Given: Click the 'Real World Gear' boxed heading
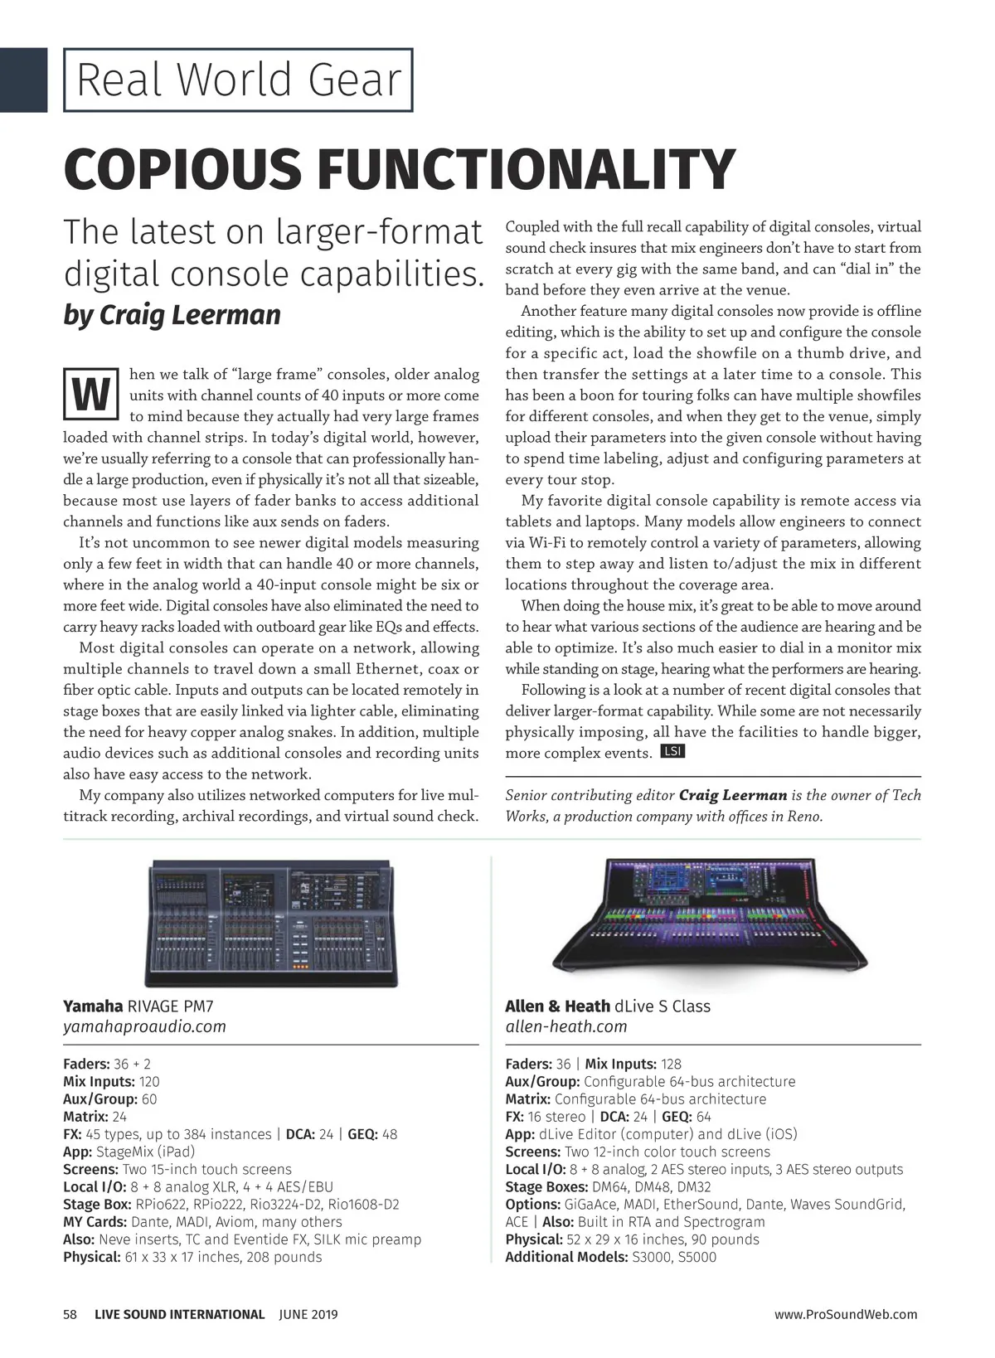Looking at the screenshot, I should point(238,80).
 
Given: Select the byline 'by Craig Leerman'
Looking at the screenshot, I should point(172,314).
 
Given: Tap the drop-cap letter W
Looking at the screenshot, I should point(88,396).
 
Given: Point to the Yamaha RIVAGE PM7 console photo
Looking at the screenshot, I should point(271,919).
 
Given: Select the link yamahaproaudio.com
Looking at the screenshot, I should point(144,1026).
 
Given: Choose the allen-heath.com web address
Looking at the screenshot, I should point(566,1026).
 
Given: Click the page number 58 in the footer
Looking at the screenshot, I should point(70,1314).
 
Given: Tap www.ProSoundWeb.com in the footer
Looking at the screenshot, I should point(846,1314).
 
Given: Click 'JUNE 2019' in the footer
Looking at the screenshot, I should point(308,1314).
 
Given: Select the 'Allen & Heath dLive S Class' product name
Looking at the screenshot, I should point(608,1006).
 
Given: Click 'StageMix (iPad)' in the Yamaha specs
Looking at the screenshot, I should point(146,1152).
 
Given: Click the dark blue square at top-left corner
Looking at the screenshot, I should point(22,80).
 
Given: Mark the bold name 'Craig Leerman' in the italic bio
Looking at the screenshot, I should point(732,795).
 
